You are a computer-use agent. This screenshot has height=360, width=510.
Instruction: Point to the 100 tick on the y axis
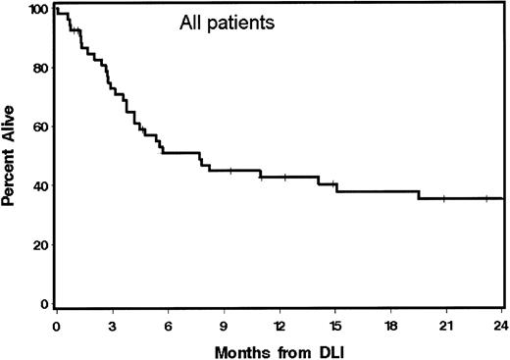point(39,9)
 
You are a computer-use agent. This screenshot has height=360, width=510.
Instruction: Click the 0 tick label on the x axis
point(57,324)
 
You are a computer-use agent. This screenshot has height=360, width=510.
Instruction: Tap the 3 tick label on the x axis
point(112,324)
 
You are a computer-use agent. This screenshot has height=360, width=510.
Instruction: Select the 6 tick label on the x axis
point(168,324)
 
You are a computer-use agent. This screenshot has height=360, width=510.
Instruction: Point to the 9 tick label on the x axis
point(224,324)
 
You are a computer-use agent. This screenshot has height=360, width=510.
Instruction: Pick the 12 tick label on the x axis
point(280,324)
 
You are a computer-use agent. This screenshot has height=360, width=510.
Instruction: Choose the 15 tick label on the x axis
point(335,324)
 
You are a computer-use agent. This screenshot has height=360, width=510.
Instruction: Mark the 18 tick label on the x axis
point(390,324)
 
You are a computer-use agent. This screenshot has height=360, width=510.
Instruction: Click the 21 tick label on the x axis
point(446,324)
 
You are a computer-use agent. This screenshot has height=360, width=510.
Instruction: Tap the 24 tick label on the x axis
point(500,324)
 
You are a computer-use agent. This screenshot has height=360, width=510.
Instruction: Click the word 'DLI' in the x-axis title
point(326,349)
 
